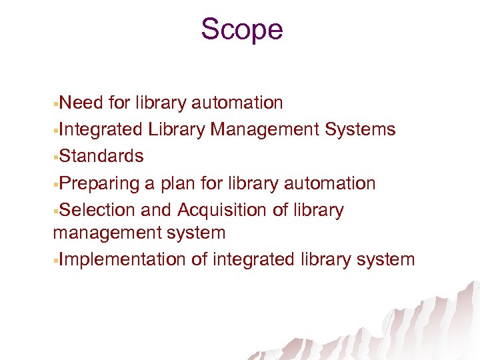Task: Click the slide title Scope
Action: pos(241,29)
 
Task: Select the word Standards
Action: pos(101,156)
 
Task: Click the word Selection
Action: pos(97,210)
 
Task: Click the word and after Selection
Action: pos(156,210)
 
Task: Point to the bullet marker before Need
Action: pos(56,104)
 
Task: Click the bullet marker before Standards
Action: pos(56,157)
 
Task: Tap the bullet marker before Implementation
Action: pos(56,261)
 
